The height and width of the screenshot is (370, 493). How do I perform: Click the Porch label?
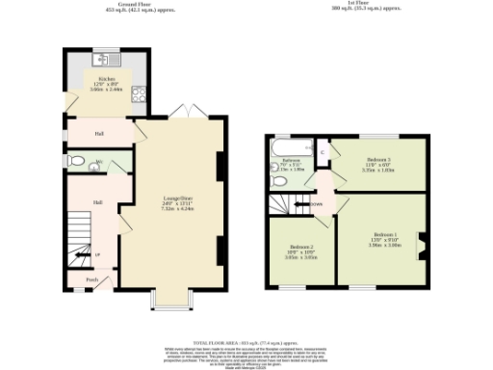pyautogui.click(x=92, y=280)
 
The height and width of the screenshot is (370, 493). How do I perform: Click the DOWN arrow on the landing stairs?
pyautogui.click(x=314, y=204)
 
